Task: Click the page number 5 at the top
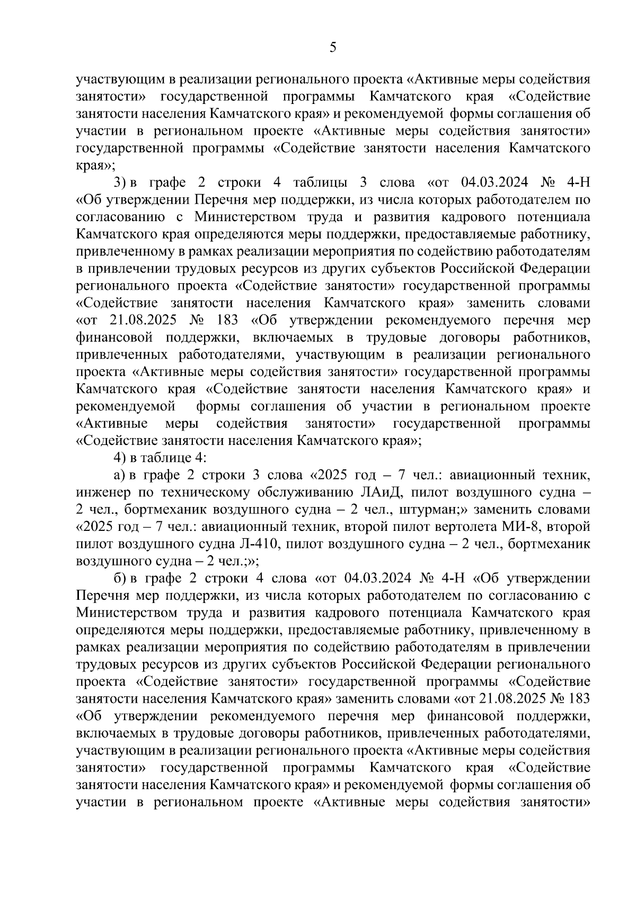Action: (332, 48)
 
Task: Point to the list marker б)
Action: (119, 578)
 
